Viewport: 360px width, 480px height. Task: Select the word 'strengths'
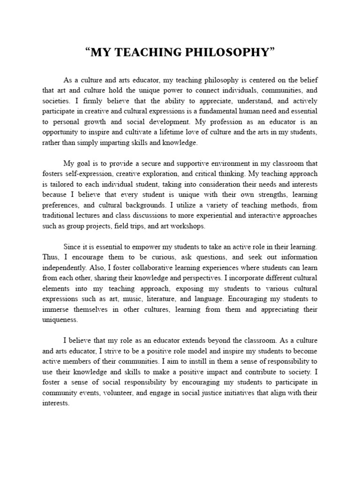pyautogui.click(x=262, y=195)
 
